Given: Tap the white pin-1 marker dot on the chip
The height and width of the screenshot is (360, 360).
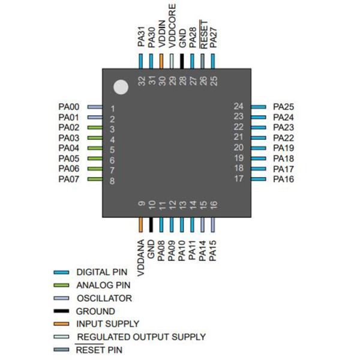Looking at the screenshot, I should click(x=122, y=88).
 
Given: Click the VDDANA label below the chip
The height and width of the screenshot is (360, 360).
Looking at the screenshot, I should click(x=141, y=259).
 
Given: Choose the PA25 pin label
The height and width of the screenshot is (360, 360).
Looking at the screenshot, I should click(x=283, y=107).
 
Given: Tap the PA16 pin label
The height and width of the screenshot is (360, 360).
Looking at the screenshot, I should click(x=283, y=179).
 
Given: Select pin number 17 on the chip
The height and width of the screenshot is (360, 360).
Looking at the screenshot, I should click(x=238, y=179).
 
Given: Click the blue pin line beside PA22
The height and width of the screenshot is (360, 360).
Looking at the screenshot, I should click(x=258, y=138).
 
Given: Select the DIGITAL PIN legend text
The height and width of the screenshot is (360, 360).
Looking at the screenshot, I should click(x=101, y=272).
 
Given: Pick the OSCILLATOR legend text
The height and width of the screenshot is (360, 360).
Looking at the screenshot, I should click(x=104, y=298).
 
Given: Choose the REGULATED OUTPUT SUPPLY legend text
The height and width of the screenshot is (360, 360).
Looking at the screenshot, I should click(x=140, y=337).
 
